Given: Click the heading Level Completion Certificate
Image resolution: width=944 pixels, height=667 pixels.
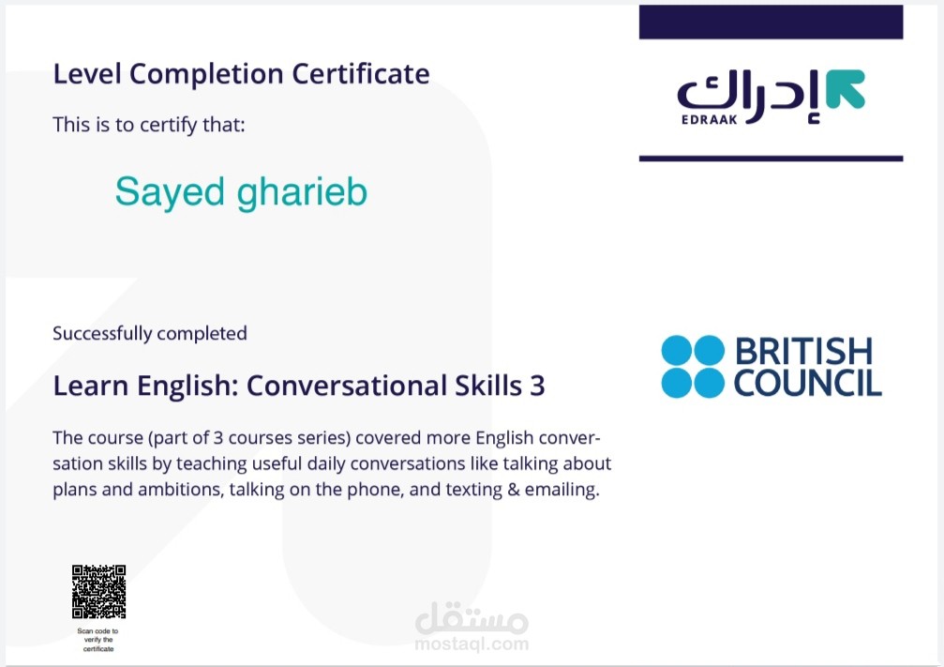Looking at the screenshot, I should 241,73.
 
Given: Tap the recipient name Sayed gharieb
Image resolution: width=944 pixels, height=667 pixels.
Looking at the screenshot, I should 241,191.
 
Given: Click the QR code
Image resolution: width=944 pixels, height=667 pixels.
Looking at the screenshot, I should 98,591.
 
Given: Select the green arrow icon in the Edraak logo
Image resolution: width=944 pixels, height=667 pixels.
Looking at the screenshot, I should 846,89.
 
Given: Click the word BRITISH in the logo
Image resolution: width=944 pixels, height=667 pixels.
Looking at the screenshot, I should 803,352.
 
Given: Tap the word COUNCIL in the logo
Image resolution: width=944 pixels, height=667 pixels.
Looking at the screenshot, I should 807,382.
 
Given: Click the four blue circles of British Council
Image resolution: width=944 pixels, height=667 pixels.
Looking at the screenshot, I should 693,366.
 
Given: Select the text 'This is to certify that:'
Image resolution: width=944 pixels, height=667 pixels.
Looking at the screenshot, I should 148,124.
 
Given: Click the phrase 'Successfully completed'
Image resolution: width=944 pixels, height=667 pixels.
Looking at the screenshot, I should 150,333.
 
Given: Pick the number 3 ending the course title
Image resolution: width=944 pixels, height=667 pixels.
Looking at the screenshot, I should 537,386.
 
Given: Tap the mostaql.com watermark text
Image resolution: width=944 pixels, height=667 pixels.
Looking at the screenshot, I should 472,644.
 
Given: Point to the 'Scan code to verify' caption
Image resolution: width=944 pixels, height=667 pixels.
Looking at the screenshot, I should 98,640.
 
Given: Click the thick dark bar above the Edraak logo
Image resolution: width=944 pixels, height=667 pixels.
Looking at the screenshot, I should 771,23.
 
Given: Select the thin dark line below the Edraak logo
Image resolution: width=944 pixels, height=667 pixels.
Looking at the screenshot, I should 771,159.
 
